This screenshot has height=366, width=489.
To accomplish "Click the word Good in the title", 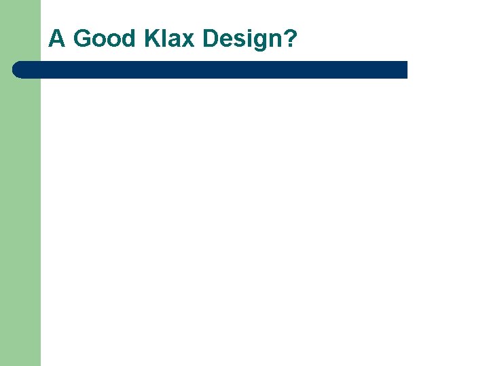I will click(x=105, y=39).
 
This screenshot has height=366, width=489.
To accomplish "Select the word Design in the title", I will click(x=241, y=39).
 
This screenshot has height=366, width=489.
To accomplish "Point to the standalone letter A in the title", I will click(x=57, y=39).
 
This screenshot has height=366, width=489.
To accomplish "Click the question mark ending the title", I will click(x=290, y=39).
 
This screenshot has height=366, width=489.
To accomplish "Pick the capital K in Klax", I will click(x=152, y=39).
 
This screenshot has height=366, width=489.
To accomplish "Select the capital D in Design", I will click(x=211, y=39).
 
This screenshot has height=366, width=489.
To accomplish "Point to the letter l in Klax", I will click(x=165, y=39).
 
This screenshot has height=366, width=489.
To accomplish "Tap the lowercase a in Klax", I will click(x=175, y=41).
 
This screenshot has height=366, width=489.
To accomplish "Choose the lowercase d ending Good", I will click(x=129, y=39).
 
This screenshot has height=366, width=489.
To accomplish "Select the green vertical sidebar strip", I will click(x=20, y=217).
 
